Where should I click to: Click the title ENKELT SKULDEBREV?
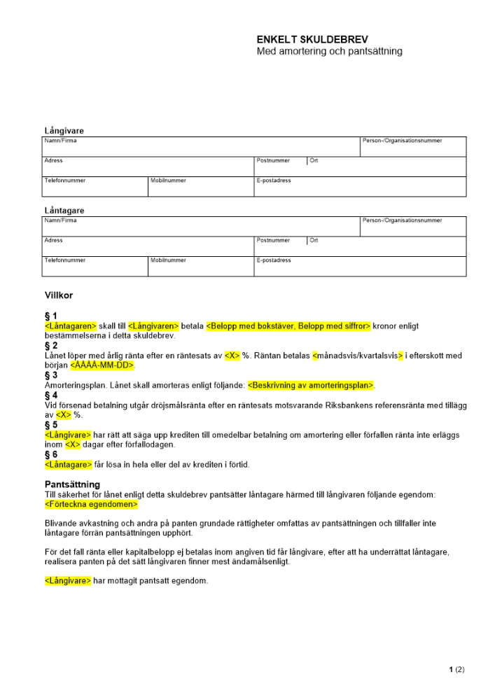click(312, 40)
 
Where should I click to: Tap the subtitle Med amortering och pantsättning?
click(329, 52)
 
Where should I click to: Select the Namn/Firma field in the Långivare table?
click(201, 147)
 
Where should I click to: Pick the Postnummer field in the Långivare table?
click(280, 167)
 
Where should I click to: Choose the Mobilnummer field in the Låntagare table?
click(200, 267)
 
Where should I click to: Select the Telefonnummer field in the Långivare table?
click(95, 187)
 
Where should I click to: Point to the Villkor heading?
click(59, 295)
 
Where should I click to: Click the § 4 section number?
click(51, 395)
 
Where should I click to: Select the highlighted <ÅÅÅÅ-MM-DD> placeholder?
click(102, 365)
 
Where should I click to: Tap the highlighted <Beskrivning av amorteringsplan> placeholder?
click(312, 385)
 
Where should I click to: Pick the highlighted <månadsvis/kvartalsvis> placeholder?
click(358, 356)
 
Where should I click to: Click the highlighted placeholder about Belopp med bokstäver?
click(288, 325)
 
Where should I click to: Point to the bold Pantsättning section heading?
click(72, 484)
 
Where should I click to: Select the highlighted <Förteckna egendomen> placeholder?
click(91, 505)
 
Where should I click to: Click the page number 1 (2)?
click(456, 670)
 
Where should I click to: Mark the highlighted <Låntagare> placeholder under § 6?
click(68, 464)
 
